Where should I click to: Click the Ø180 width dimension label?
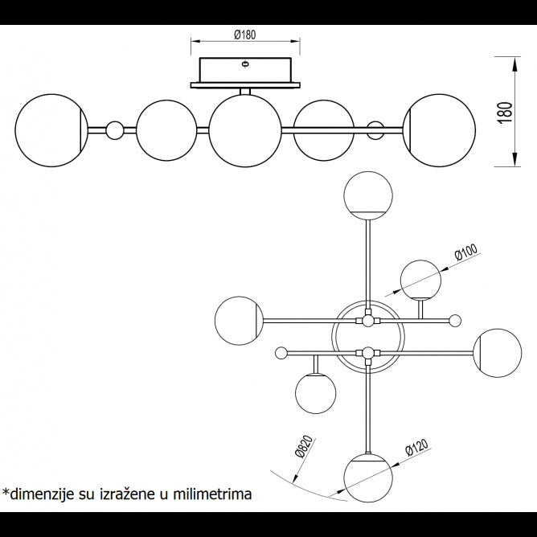click(245, 35)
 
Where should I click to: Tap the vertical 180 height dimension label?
click(505, 112)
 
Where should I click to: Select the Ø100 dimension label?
click(465, 255)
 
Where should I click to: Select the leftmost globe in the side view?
click(51, 130)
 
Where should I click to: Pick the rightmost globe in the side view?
click(438, 130)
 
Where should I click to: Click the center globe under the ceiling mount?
click(244, 130)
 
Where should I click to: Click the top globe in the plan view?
click(368, 195)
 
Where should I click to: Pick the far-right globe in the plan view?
click(497, 352)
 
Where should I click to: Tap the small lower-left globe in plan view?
click(315, 393)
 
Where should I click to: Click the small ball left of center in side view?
click(115, 130)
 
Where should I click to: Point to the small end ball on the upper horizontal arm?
click(455, 321)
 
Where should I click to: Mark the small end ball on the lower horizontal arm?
click(281, 352)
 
